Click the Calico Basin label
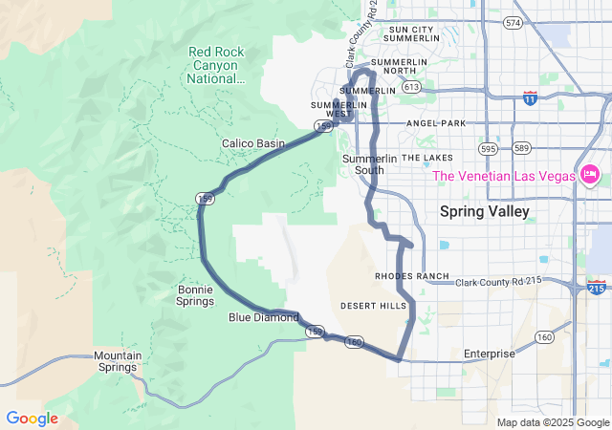[x=253, y=143]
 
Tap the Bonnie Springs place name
[x=195, y=295]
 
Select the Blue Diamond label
[x=263, y=317]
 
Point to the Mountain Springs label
[x=118, y=362]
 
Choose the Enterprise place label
[x=489, y=354]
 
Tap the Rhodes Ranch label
[x=412, y=276]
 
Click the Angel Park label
[x=435, y=123]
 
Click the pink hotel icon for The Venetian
[x=589, y=175]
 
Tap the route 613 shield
[x=412, y=87]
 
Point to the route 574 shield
[x=513, y=22]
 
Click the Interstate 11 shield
[x=530, y=97]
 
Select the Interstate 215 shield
[x=596, y=287]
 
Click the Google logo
[x=32, y=419]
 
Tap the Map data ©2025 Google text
[x=552, y=422]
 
